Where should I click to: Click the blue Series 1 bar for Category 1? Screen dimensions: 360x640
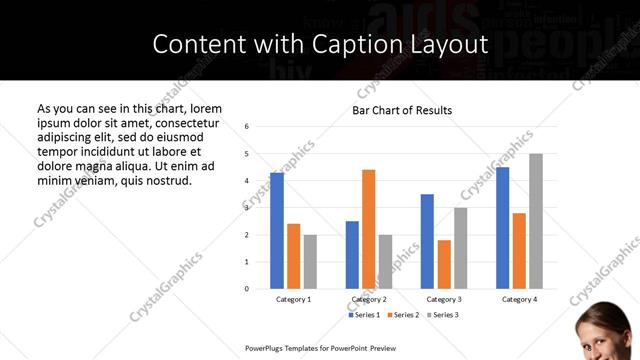tap(277, 230)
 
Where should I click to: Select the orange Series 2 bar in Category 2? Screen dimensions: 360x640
tap(368, 229)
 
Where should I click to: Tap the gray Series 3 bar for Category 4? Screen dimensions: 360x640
tap(536, 221)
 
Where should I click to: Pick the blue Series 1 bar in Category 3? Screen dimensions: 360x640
tap(427, 241)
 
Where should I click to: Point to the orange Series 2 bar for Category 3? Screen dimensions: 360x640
tap(444, 264)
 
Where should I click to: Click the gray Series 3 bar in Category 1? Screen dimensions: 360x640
tap(310, 261)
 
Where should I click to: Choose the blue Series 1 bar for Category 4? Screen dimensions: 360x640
tap(503, 227)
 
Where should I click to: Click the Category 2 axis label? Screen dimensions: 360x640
tap(369, 299)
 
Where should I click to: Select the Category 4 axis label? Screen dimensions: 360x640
tap(519, 299)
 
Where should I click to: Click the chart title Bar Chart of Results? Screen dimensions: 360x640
tap(402, 110)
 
